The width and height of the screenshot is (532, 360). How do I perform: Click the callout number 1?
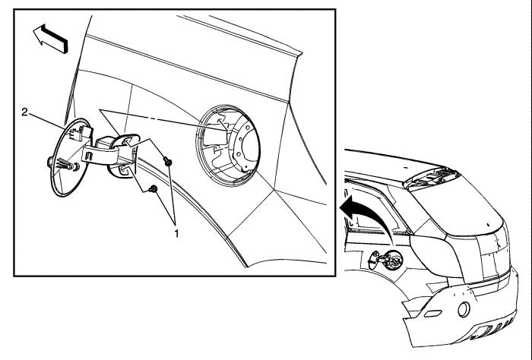176,234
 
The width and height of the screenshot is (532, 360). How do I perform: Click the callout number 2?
24,112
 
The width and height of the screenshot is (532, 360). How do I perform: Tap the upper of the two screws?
168,161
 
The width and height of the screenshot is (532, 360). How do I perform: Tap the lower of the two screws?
154,189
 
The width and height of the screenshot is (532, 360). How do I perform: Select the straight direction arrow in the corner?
50,38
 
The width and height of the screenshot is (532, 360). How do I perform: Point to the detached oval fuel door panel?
70,157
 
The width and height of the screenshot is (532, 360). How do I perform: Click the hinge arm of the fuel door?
101,153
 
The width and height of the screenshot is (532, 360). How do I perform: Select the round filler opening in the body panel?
228,146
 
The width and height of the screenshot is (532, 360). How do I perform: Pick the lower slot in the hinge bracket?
123,170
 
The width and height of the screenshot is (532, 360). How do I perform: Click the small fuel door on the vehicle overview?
374,260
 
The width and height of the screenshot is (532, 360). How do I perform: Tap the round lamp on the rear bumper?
464,309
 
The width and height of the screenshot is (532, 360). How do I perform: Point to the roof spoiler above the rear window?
431,177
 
